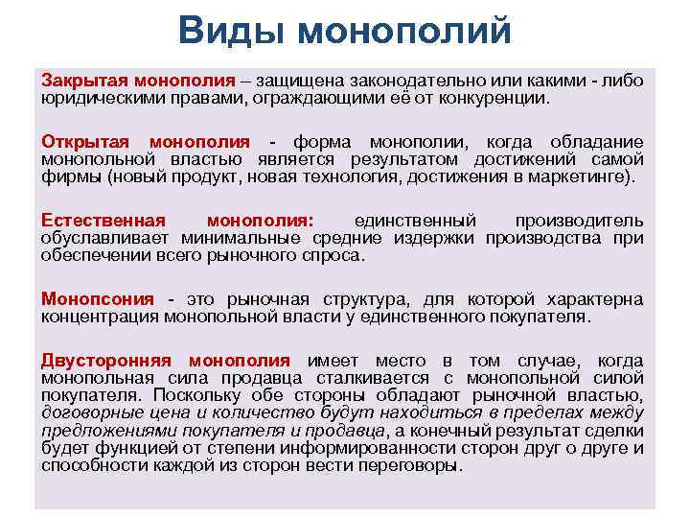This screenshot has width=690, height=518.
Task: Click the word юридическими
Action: [101, 97]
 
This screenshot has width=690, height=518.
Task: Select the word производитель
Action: [579, 220]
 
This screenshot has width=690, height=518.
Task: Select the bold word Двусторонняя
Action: [105, 361]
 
